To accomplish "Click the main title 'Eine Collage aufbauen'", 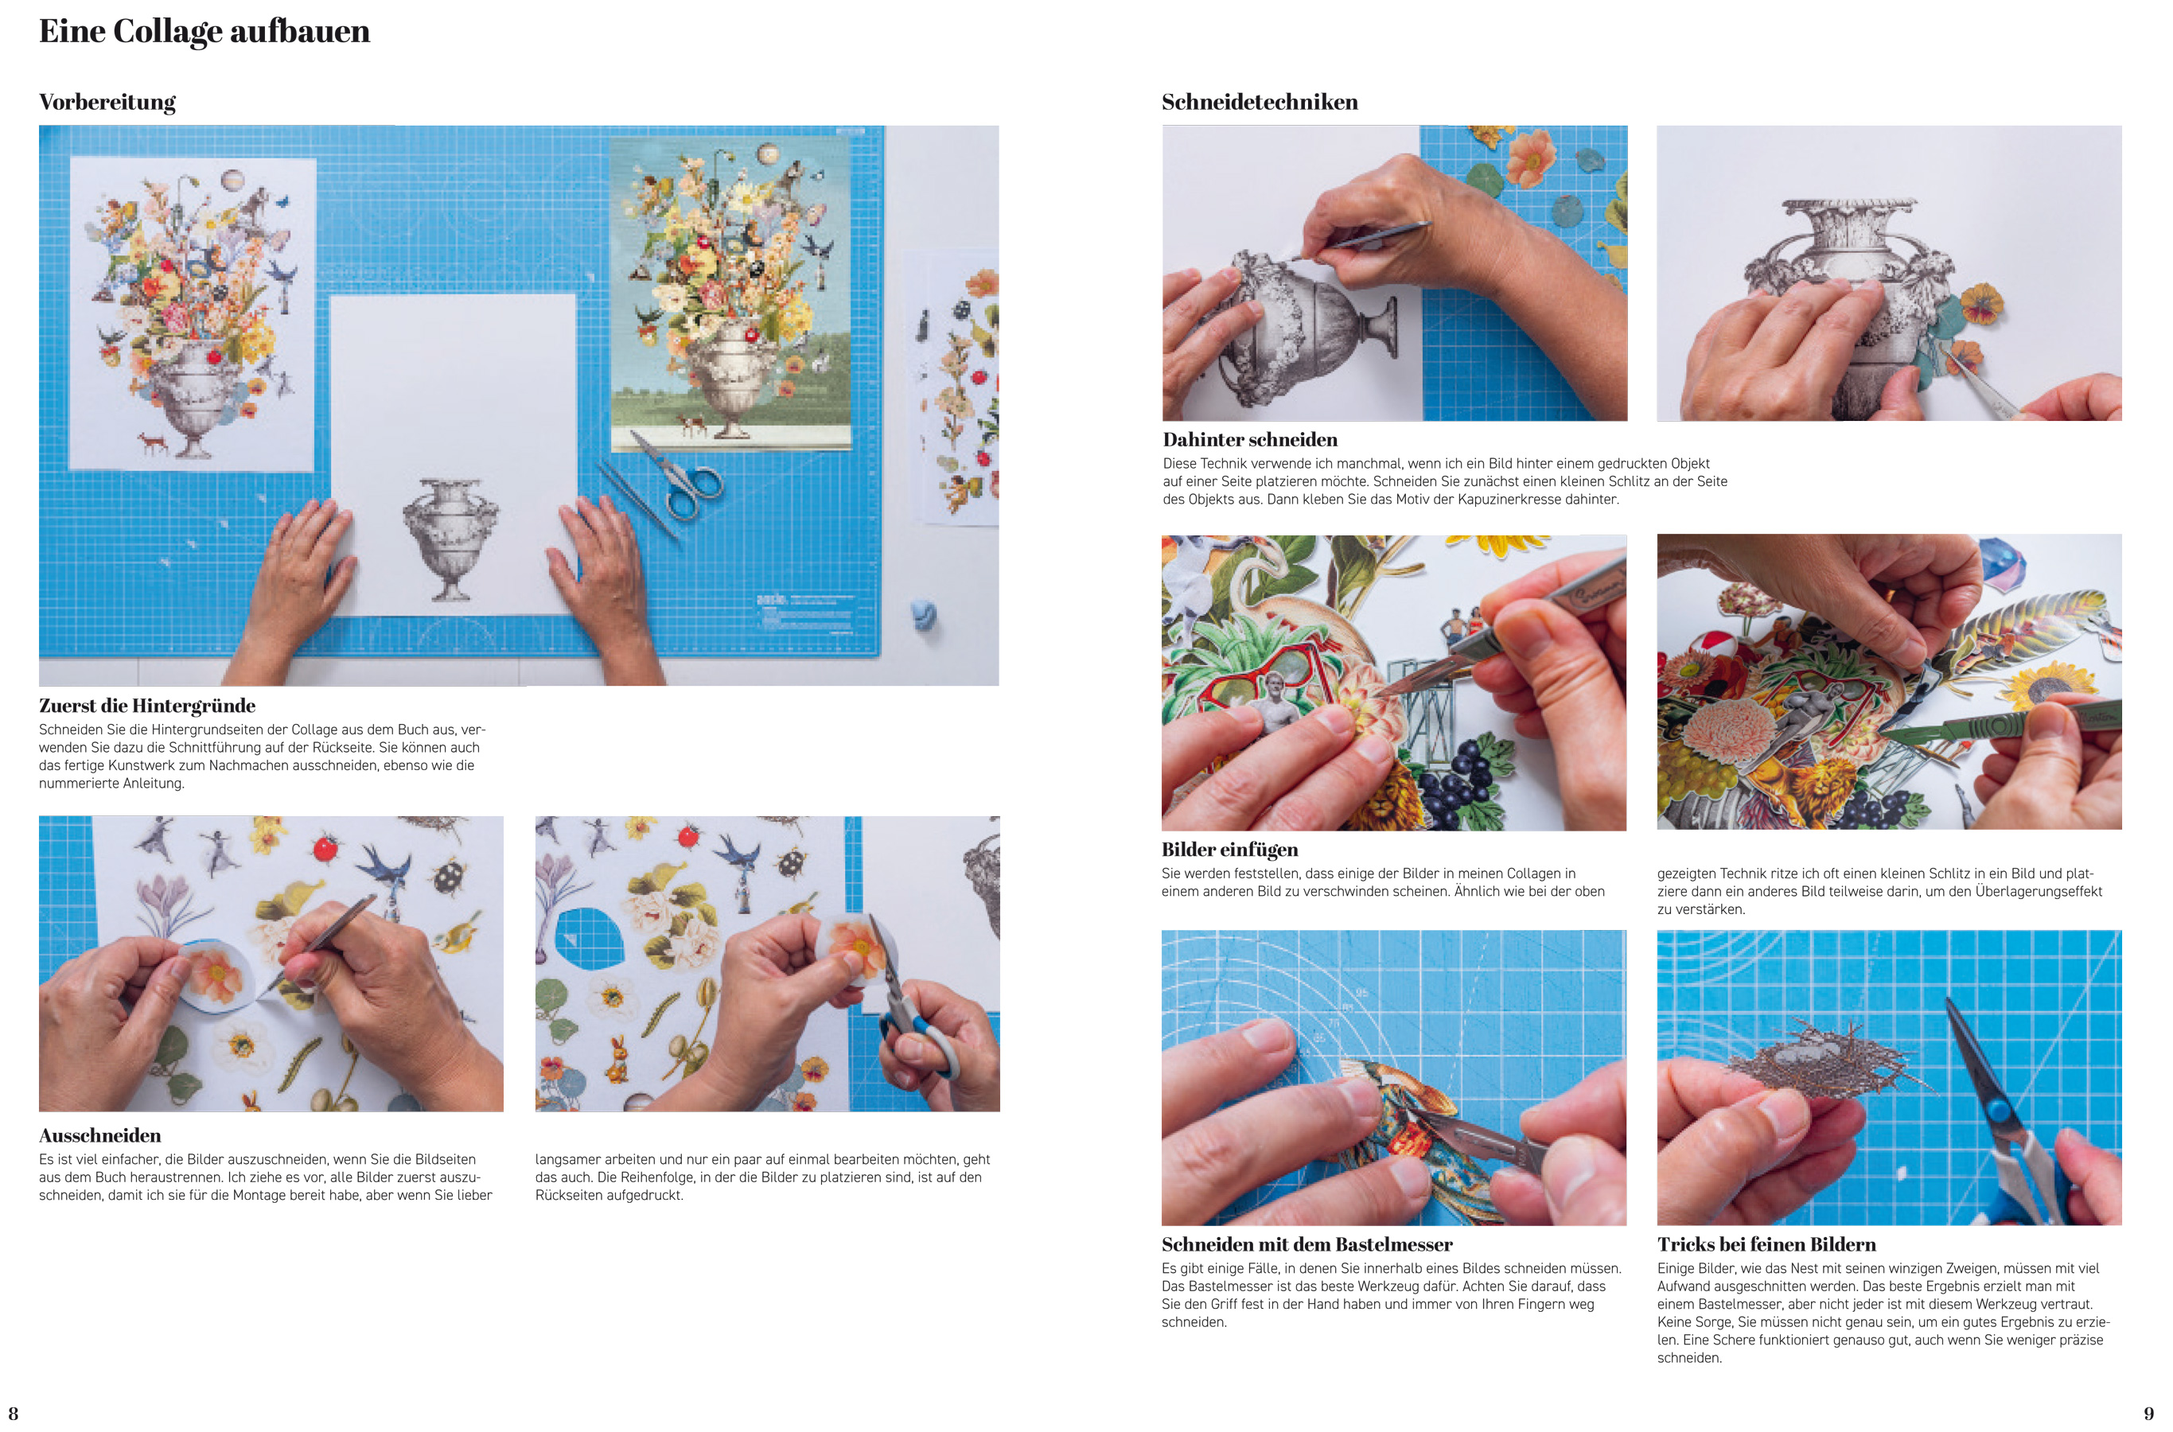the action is [204, 32].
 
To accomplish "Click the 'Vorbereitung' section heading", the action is [107, 103].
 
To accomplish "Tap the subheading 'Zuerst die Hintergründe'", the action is [147, 705].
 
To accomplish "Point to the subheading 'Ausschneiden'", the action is [99, 1135].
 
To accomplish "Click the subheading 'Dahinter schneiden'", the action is [1249, 439].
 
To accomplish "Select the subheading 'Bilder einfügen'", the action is [1229, 850].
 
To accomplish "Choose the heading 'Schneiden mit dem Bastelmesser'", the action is [1307, 1244].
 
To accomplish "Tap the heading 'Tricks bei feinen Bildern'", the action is [1766, 1244].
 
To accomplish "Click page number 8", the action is [13, 1413].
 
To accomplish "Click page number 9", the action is [2148, 1413].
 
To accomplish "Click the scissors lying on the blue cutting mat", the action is [676, 474].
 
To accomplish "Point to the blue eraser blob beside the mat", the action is [925, 615].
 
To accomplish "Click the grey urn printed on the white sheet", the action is [450, 538].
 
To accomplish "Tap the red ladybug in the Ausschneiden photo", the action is [325, 848].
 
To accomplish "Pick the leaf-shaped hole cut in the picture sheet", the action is [589, 938].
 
